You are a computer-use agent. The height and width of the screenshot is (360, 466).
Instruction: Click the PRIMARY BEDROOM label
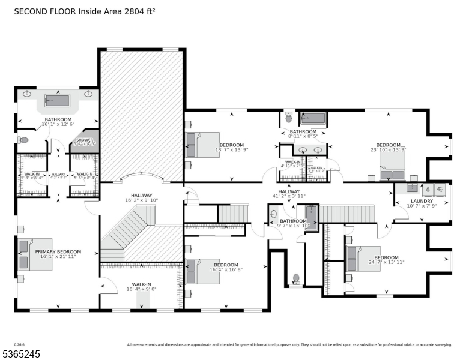click(58, 251)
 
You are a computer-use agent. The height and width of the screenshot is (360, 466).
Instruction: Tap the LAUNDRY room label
click(422, 201)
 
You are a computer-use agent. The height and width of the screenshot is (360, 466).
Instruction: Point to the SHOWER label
click(84, 140)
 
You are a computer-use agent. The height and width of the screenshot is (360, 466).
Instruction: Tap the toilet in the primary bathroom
click(23, 140)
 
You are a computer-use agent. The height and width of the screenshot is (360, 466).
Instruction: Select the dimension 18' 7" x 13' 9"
click(231, 150)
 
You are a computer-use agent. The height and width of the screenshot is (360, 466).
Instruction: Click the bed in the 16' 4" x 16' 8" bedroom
click(202, 271)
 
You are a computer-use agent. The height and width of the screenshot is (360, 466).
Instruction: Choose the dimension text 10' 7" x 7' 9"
click(422, 206)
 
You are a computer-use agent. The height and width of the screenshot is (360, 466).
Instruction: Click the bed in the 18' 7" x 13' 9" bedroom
click(202, 145)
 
